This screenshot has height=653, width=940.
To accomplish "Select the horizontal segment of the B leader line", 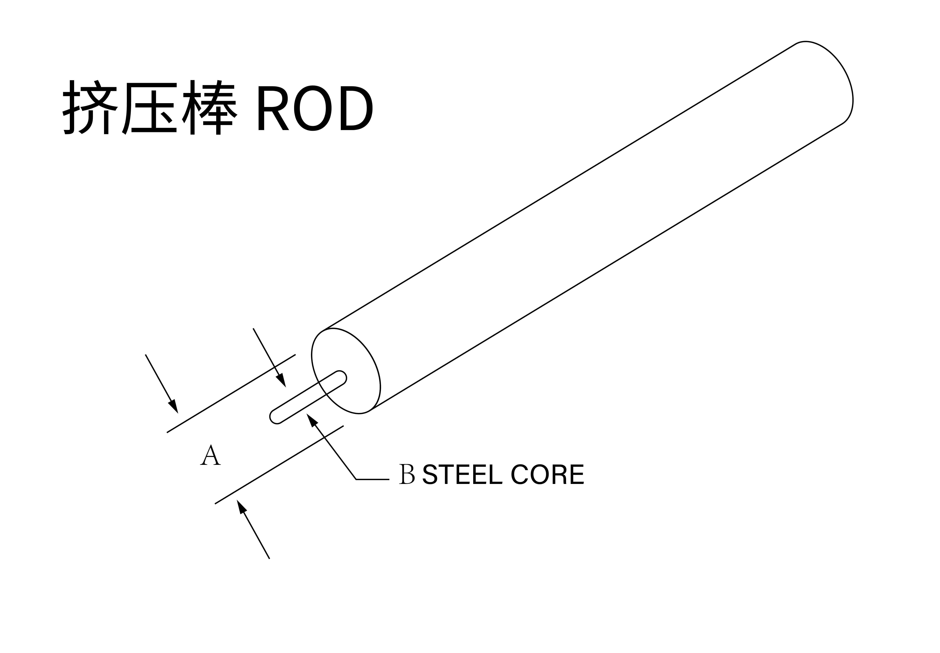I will coord(372,479).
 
